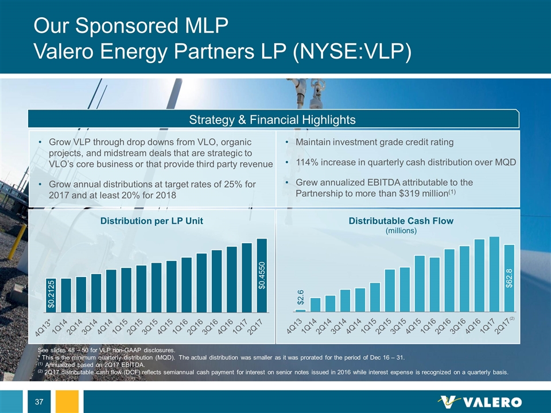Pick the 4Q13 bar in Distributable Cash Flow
coord(300,310)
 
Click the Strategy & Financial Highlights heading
coord(275,120)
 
